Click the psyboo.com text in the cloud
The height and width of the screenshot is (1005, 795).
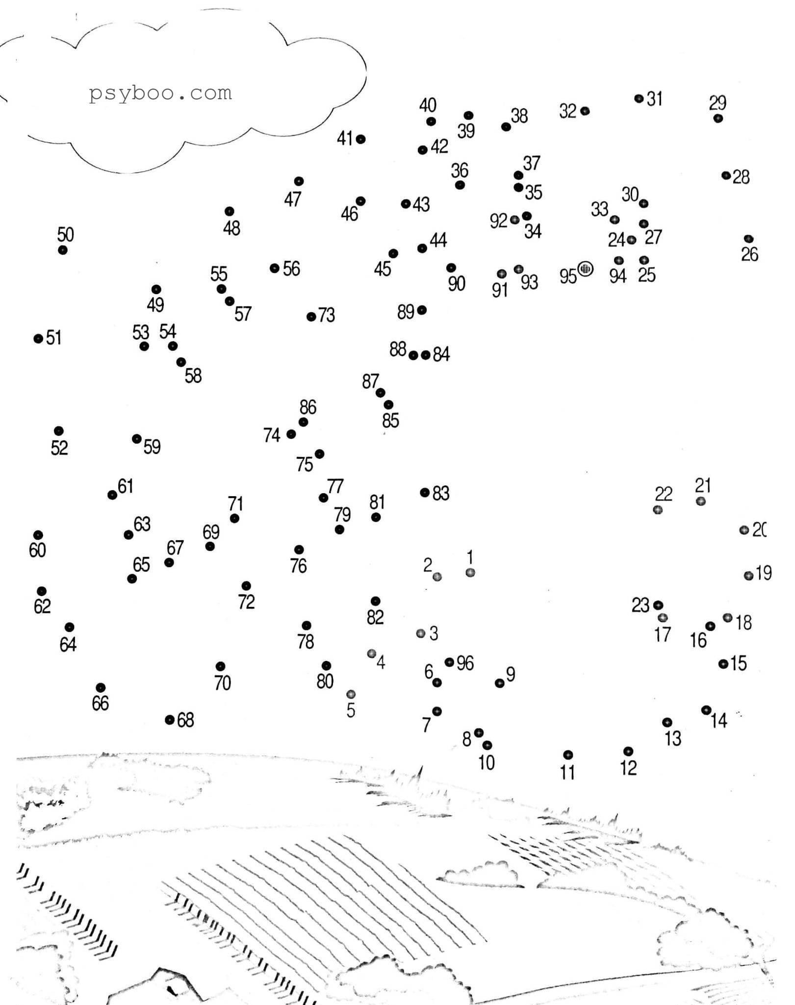pyautogui.click(x=160, y=93)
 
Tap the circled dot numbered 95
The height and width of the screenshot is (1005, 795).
pyautogui.click(x=585, y=269)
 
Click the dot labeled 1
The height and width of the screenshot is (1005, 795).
pyautogui.click(x=470, y=573)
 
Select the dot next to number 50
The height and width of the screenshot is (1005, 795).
pyautogui.click(x=63, y=250)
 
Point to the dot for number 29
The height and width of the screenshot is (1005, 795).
pyautogui.click(x=718, y=118)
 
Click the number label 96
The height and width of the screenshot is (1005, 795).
pyautogui.click(x=465, y=663)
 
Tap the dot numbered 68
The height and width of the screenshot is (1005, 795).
pyautogui.click(x=170, y=720)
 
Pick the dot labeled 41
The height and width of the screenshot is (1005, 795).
pyautogui.click(x=360, y=139)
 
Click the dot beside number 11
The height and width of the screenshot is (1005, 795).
pyautogui.click(x=568, y=754)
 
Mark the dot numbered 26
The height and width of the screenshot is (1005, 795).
pyautogui.click(x=748, y=239)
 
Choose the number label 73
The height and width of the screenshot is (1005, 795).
pyautogui.click(x=327, y=315)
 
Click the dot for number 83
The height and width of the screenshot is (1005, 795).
pyautogui.click(x=425, y=492)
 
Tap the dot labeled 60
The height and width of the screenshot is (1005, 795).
pyautogui.click(x=38, y=535)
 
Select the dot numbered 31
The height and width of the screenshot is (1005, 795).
pyautogui.click(x=639, y=99)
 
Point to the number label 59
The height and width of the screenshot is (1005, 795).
pyautogui.click(x=152, y=447)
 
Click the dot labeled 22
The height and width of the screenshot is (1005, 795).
pyautogui.click(x=658, y=510)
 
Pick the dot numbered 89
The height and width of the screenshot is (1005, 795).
pyautogui.click(x=422, y=310)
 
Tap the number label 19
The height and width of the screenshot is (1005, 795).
pyautogui.click(x=764, y=573)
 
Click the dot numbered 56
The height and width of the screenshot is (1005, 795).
pyautogui.click(x=275, y=268)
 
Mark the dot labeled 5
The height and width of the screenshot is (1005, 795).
pyautogui.click(x=351, y=694)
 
